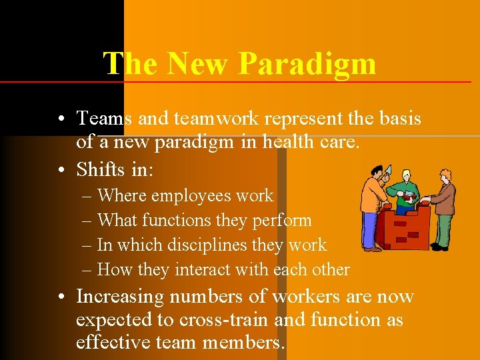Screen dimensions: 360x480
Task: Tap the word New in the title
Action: click(199, 64)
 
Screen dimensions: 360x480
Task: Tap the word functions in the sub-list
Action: click(187, 220)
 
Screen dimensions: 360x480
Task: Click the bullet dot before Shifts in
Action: click(61, 170)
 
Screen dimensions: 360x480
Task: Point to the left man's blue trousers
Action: click(369, 229)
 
